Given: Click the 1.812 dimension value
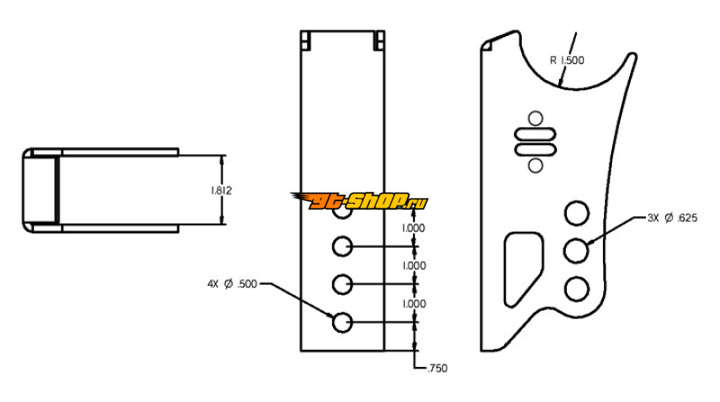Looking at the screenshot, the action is pyautogui.click(x=221, y=190).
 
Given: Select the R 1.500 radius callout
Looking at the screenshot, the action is pyautogui.click(x=567, y=60).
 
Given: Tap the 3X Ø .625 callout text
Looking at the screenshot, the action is pyautogui.click(x=672, y=218).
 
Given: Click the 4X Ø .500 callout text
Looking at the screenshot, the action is pyautogui.click(x=232, y=284).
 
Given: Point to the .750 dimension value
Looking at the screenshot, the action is pyautogui.click(x=437, y=369).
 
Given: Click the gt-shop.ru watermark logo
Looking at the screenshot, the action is pyautogui.click(x=359, y=201).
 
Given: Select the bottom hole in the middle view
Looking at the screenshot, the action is pyautogui.click(x=342, y=322).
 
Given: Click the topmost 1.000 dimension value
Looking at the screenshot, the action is pyautogui.click(x=414, y=228).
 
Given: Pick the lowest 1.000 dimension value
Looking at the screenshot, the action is pyautogui.click(x=414, y=304).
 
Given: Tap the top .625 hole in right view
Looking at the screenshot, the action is pyautogui.click(x=576, y=214).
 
